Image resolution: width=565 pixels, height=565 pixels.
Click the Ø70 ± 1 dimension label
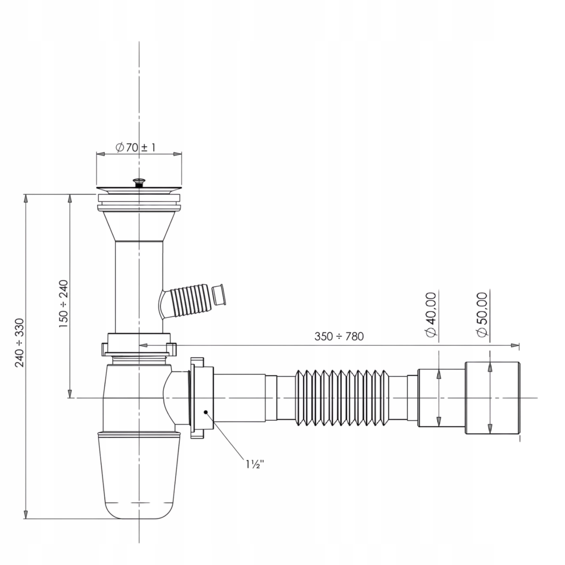(x=136, y=147)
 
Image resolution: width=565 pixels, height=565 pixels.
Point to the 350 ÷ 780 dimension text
(x=339, y=336)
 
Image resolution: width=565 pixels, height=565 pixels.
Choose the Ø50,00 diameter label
(x=482, y=314)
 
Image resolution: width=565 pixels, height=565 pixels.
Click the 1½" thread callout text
(x=255, y=464)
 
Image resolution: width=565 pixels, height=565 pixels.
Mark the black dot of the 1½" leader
(x=206, y=412)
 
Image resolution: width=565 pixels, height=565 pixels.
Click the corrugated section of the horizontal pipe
(x=342, y=398)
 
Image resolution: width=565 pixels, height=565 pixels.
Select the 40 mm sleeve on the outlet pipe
(x=441, y=398)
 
